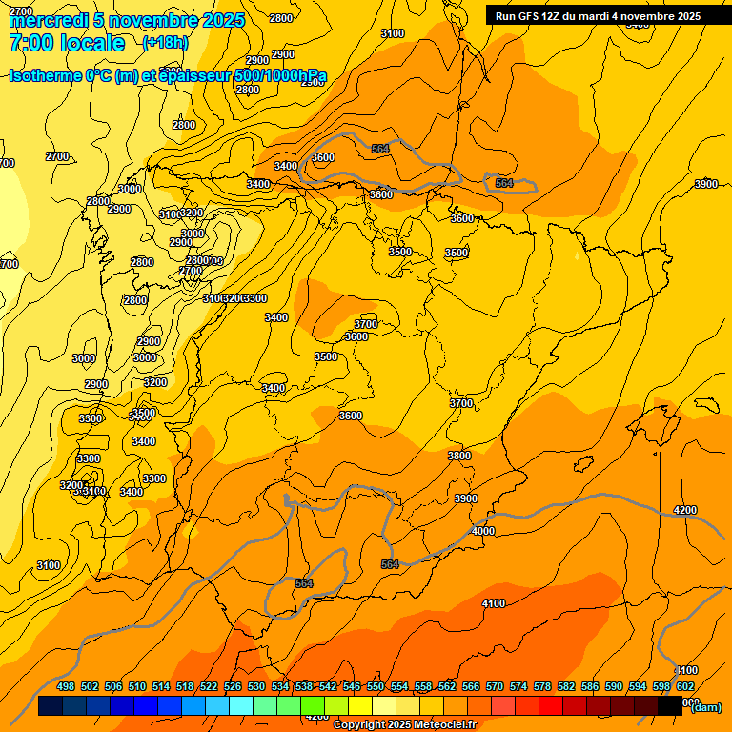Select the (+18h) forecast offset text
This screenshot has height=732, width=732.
[x=165, y=42]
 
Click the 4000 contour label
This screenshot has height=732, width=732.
[x=483, y=531]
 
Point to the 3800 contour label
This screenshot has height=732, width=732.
[x=459, y=456]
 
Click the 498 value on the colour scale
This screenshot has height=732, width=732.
[x=66, y=686]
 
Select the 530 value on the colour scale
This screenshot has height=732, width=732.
[x=256, y=686]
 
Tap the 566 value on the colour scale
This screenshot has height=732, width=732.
[x=471, y=686]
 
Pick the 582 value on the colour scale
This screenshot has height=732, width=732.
[x=566, y=686]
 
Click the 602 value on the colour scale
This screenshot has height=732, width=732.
[x=684, y=686]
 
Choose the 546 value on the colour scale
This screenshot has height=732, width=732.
[x=352, y=686]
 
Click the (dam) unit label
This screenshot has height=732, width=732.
[x=706, y=706]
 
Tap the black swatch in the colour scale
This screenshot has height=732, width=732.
[x=670, y=706]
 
